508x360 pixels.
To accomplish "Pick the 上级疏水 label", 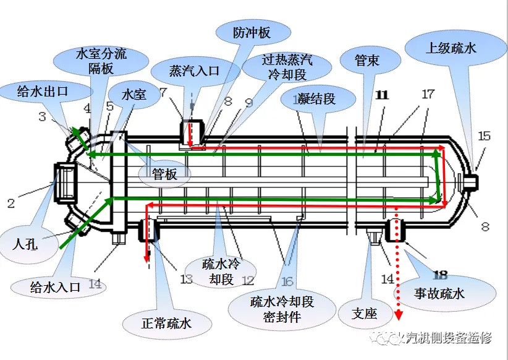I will pos(451,48).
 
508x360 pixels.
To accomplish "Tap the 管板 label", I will pos(164,174).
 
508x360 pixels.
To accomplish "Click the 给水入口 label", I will pos(56,287).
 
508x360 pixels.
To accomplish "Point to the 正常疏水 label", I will pos(167,324).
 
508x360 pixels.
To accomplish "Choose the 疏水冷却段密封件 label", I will pos(282,309).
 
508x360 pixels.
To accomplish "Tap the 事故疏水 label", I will pos(439,294).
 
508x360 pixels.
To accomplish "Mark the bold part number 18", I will pos(440,275).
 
